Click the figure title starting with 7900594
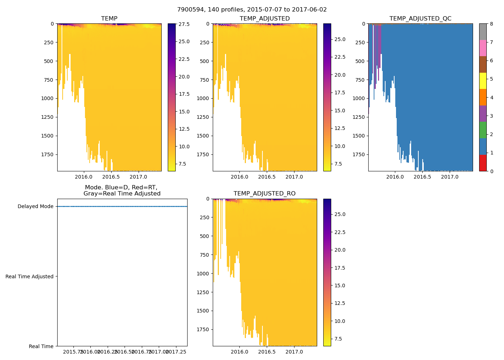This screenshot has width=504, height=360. pyautogui.click(x=252, y=10)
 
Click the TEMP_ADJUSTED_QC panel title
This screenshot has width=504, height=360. pyautogui.click(x=420, y=19)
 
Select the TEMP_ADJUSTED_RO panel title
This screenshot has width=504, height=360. pyautogui.click(x=265, y=194)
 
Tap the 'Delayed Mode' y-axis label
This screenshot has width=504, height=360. pyautogui.click(x=35, y=207)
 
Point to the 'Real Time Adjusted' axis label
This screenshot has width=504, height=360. pyautogui.click(x=30, y=276)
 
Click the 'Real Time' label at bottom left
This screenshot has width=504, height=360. pyautogui.click(x=41, y=346)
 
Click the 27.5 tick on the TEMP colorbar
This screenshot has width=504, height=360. pyautogui.click(x=184, y=24)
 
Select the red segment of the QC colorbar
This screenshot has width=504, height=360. pyautogui.click(x=483, y=163)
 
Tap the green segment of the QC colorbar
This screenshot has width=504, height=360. pyautogui.click(x=483, y=130)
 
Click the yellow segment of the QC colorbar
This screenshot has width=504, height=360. pyautogui.click(x=483, y=81)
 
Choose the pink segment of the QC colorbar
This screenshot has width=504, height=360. pyautogui.click(x=483, y=48)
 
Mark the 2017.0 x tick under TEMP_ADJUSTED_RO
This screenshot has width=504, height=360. pyautogui.click(x=294, y=352)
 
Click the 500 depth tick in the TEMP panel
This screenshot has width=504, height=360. pyautogui.click(x=49, y=61)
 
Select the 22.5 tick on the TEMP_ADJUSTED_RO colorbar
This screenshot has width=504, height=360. pyautogui.click(x=339, y=232)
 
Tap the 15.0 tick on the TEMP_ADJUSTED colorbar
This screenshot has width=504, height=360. pyautogui.click(x=339, y=111)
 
